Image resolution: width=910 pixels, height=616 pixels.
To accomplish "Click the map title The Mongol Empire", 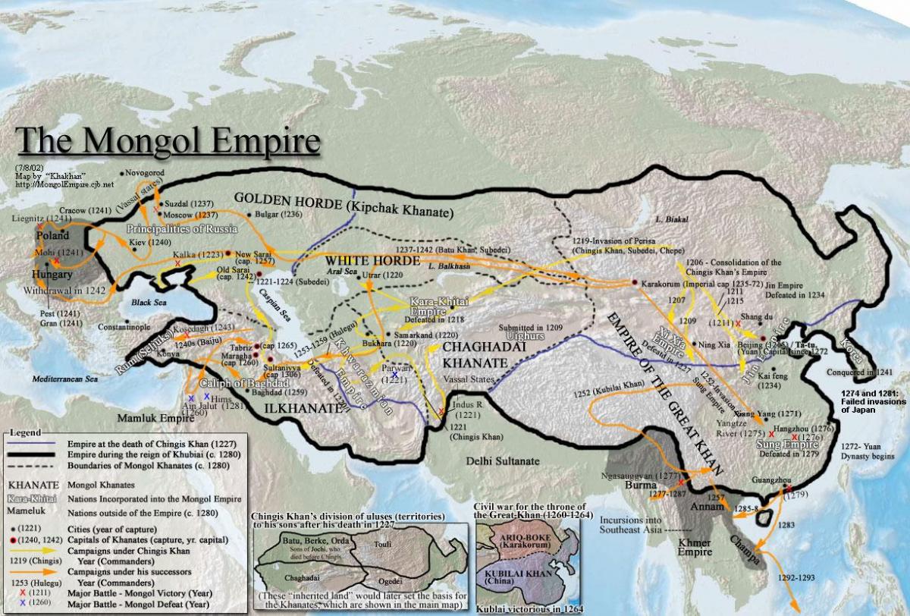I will pyautogui.click(x=167, y=141).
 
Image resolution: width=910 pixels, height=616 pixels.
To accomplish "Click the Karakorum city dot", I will pyautogui.click(x=635, y=282).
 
